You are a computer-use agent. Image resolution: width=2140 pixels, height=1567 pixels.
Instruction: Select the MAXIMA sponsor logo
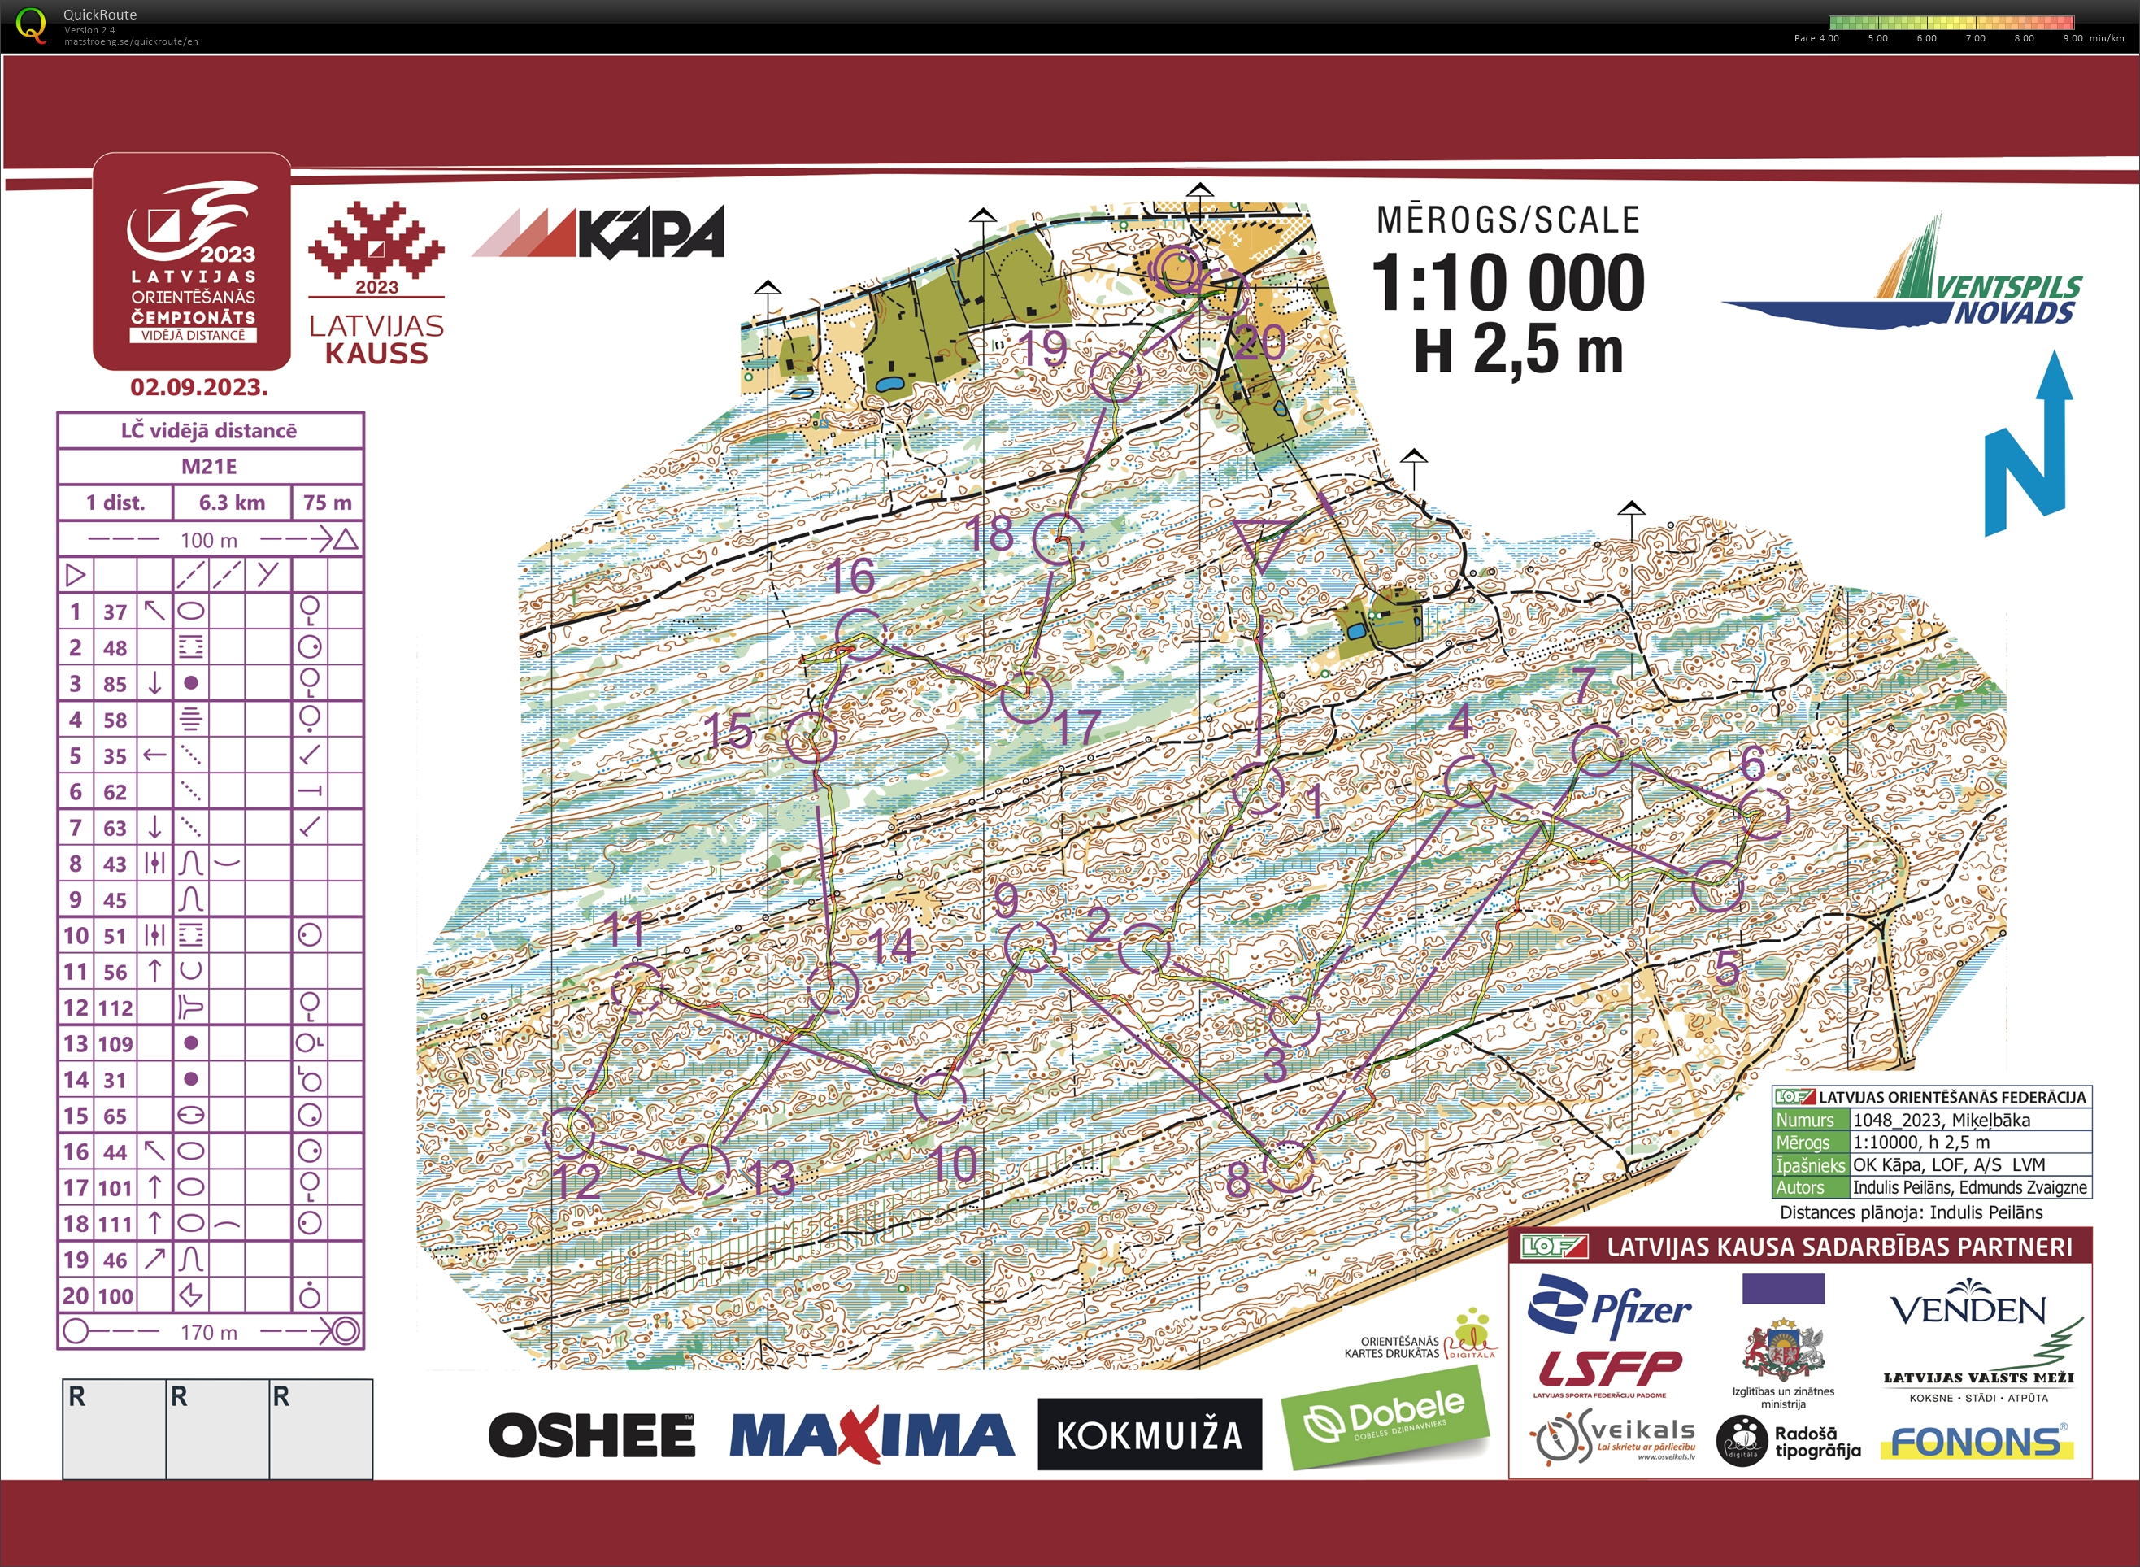point(872,1435)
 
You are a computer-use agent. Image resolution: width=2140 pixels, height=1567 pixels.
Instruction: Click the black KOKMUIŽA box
point(1149,1434)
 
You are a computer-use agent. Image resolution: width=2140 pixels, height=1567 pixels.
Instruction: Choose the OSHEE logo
point(592,1435)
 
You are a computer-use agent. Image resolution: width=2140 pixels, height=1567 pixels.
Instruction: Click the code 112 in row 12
point(115,1008)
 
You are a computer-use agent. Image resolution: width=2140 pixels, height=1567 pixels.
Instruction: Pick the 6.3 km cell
point(232,503)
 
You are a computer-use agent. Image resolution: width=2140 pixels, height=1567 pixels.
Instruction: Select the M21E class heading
point(210,466)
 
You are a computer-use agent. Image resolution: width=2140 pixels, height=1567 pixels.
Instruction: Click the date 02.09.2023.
point(199,387)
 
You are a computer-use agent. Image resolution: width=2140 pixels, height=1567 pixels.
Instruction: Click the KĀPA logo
point(599,233)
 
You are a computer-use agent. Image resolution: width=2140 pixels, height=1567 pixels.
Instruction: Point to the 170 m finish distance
point(209,1332)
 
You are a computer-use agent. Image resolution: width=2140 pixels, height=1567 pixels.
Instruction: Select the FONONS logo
point(1976,1443)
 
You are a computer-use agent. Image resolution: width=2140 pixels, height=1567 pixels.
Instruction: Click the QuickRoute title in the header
point(99,14)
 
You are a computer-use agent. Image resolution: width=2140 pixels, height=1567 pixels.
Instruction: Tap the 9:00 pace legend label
point(2073,38)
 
